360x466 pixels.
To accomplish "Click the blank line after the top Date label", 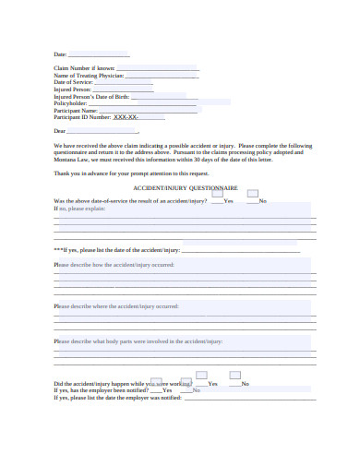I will [x=99, y=55].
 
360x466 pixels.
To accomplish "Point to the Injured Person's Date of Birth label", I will [x=91, y=96].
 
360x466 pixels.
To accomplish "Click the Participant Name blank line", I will [x=147, y=110].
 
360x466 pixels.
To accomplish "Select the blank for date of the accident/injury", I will [x=240, y=250].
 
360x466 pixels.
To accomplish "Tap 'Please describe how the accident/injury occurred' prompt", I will [x=114, y=264].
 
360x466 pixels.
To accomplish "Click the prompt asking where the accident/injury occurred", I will [x=116, y=305].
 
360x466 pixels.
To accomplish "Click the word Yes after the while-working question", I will [x=212, y=383].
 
